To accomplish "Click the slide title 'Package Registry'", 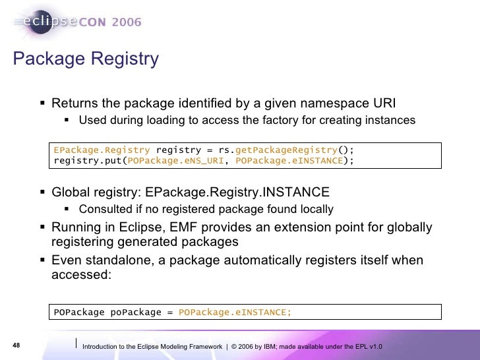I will (x=86, y=59).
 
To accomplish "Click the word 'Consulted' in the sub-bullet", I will (x=104, y=210).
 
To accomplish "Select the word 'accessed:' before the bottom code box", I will (x=82, y=274).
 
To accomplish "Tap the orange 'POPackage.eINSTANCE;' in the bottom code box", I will (x=234, y=312).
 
